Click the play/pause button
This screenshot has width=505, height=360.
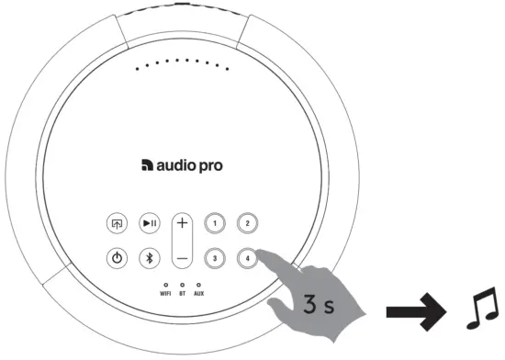coord(149,223)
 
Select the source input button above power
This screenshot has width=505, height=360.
coord(117,223)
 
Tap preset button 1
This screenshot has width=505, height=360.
coord(213,223)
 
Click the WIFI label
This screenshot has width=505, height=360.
coord(165,294)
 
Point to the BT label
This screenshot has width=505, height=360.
coord(183,294)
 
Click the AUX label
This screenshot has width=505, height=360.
coord(198,294)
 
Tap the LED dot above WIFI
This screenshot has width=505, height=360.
coord(165,285)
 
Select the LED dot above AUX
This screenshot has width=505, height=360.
coord(198,285)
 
